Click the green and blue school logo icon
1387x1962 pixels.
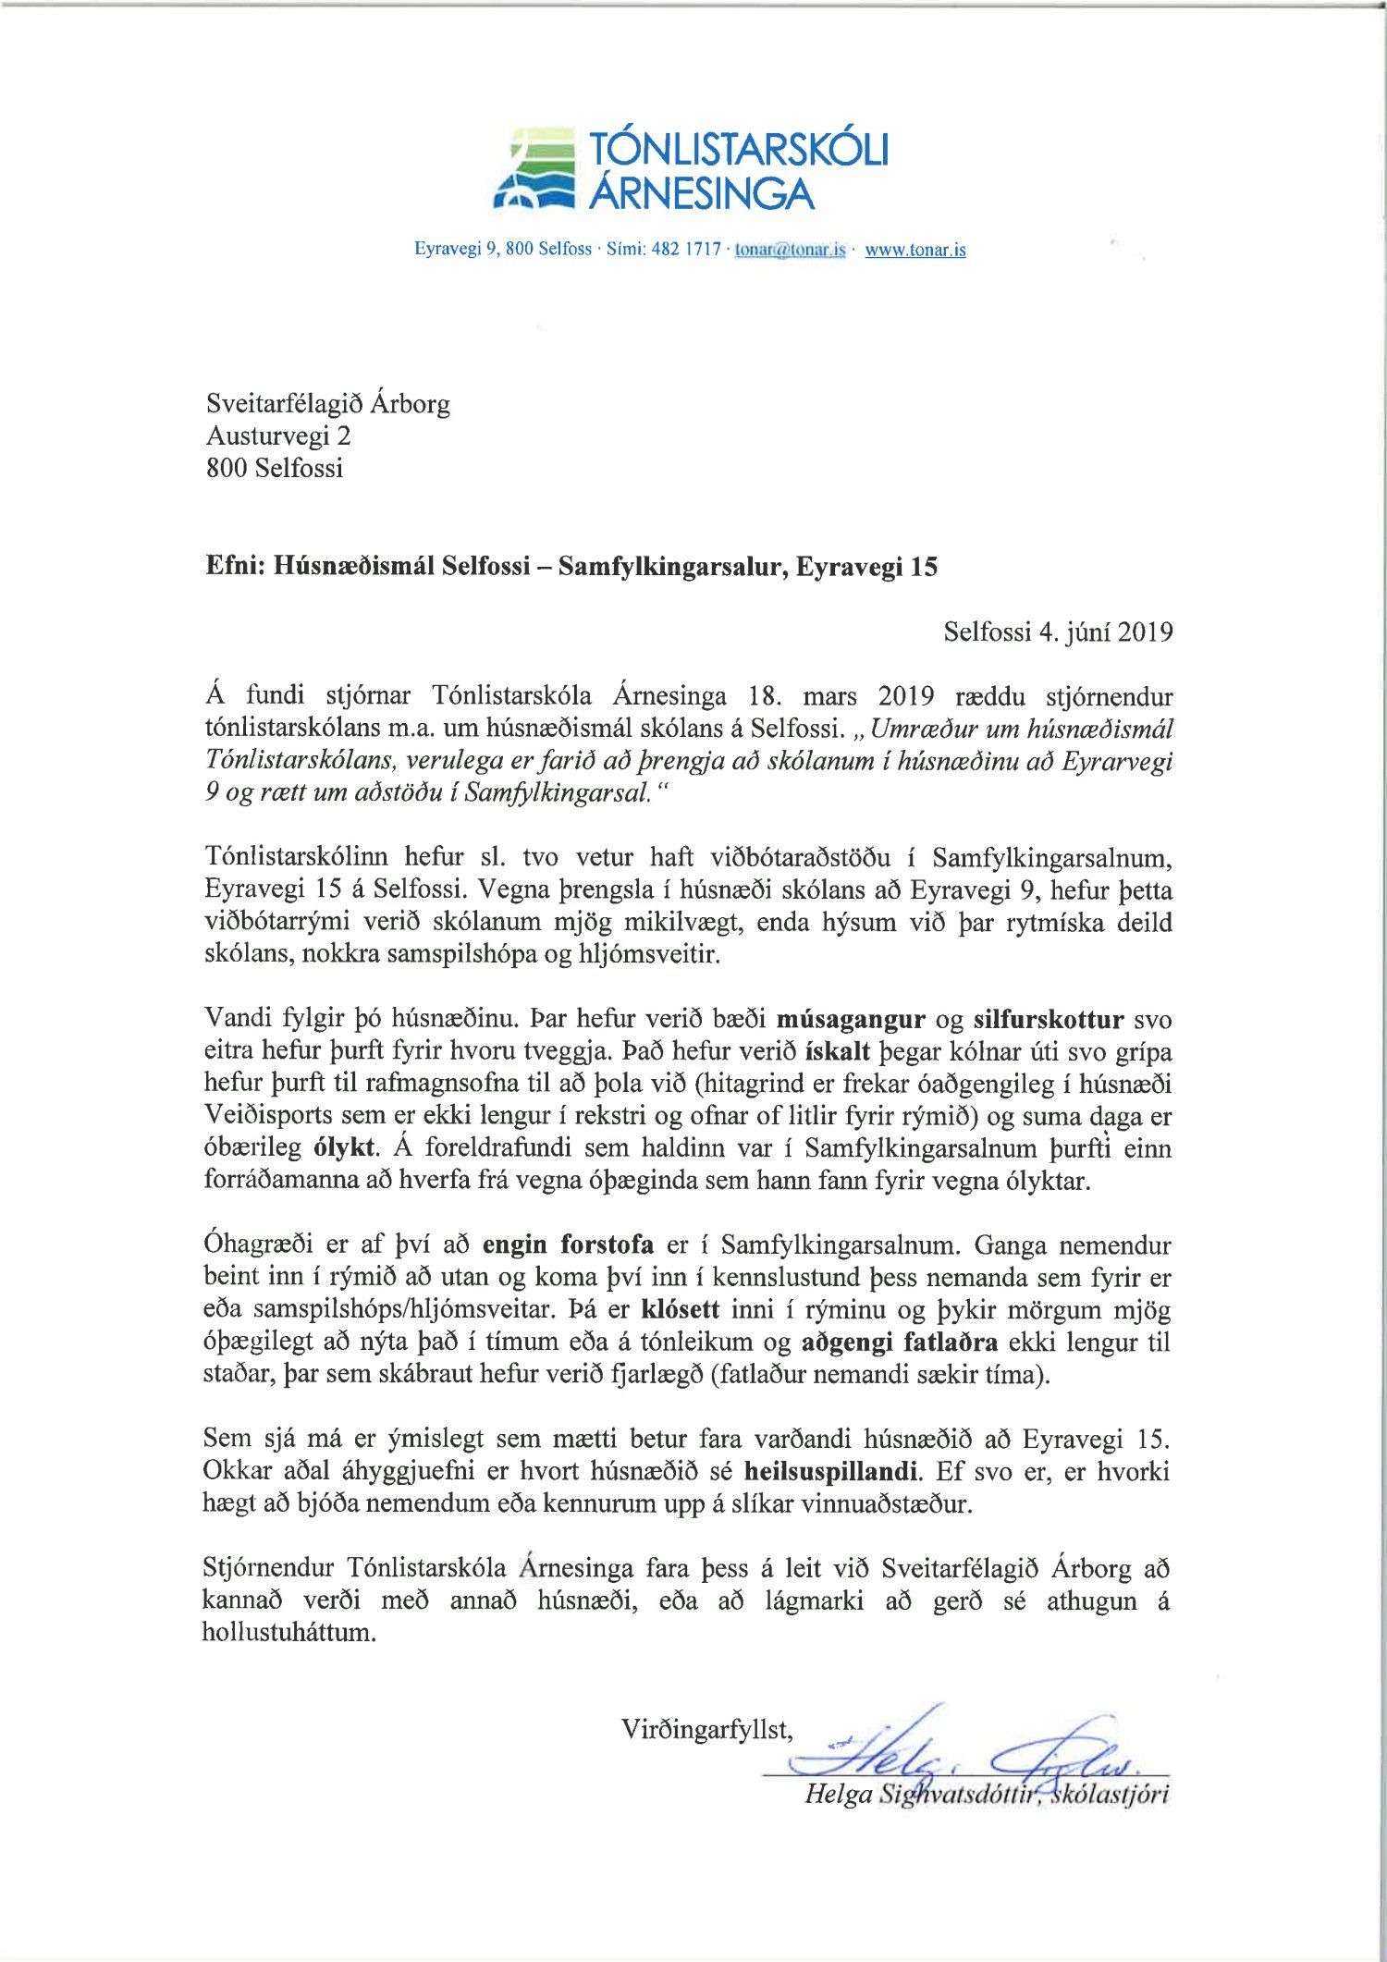534,168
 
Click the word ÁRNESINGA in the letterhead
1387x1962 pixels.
703,193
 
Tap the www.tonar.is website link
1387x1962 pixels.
914,250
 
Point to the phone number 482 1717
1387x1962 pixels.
686,250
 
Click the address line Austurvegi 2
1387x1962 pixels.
278,435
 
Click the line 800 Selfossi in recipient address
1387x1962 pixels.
275,468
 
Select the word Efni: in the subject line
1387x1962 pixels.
236,567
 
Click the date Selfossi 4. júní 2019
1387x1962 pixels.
1058,632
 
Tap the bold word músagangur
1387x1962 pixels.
851,1020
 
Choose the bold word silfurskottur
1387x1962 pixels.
1049,1020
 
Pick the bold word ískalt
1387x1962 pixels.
838,1052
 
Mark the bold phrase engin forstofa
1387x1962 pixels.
568,1245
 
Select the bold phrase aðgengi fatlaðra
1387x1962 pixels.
900,1342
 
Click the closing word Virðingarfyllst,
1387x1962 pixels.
706,1729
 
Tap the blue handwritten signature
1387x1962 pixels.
962,1751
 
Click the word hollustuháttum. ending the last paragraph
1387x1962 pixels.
289,1631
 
